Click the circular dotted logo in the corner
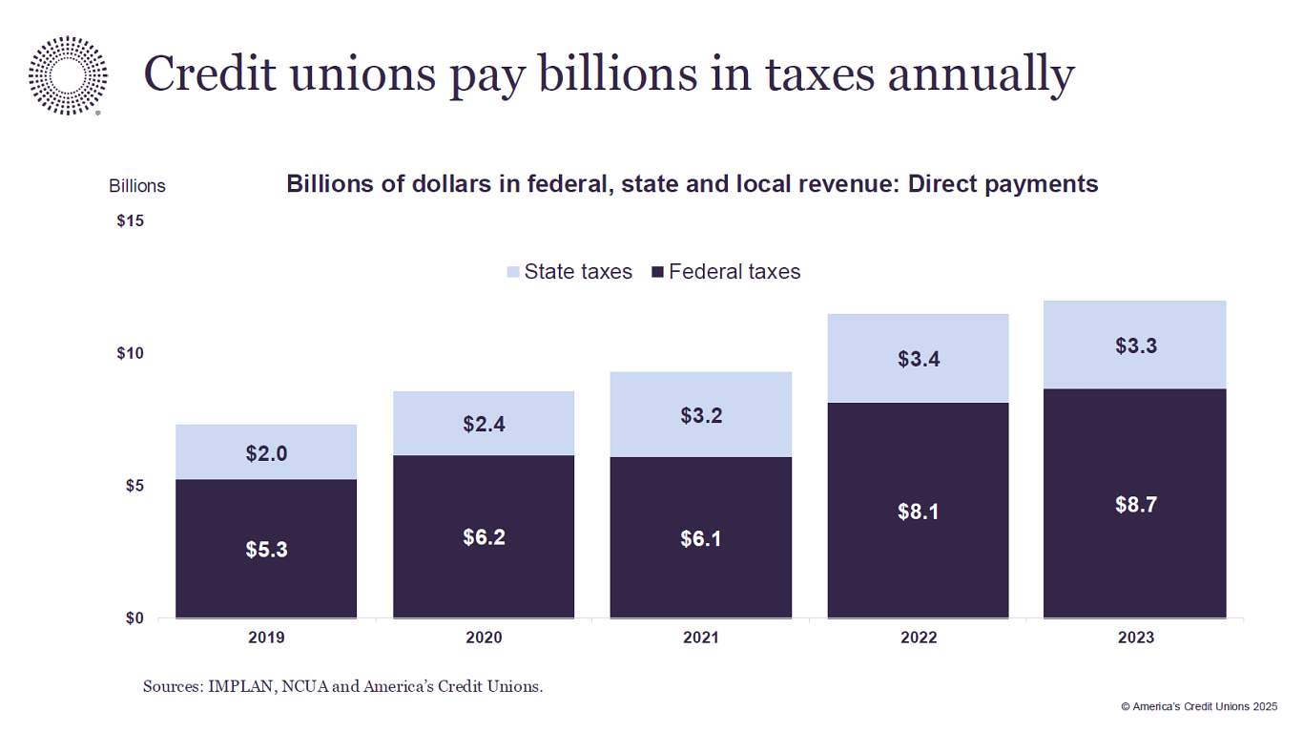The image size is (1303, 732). pyautogui.click(x=68, y=75)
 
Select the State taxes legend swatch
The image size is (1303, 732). pyautogui.click(x=513, y=272)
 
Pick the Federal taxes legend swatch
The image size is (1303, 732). pyautogui.click(x=657, y=272)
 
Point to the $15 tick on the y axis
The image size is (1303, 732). pyautogui.click(x=130, y=221)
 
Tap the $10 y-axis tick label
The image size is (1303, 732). pyautogui.click(x=130, y=354)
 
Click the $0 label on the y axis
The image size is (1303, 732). pyautogui.click(x=134, y=618)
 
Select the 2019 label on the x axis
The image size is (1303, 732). pyautogui.click(x=266, y=638)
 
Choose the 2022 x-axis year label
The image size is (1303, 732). pyautogui.click(x=918, y=638)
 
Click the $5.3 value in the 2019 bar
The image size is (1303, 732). pyautogui.click(x=266, y=550)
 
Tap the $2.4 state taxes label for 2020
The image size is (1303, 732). pyautogui.click(x=484, y=424)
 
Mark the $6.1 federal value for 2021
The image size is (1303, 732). pyautogui.click(x=700, y=539)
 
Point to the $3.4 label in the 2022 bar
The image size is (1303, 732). pyautogui.click(x=918, y=360)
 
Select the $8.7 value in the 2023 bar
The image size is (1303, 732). pyautogui.click(x=1135, y=505)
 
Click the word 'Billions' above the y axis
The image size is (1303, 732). pyautogui.click(x=137, y=186)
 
